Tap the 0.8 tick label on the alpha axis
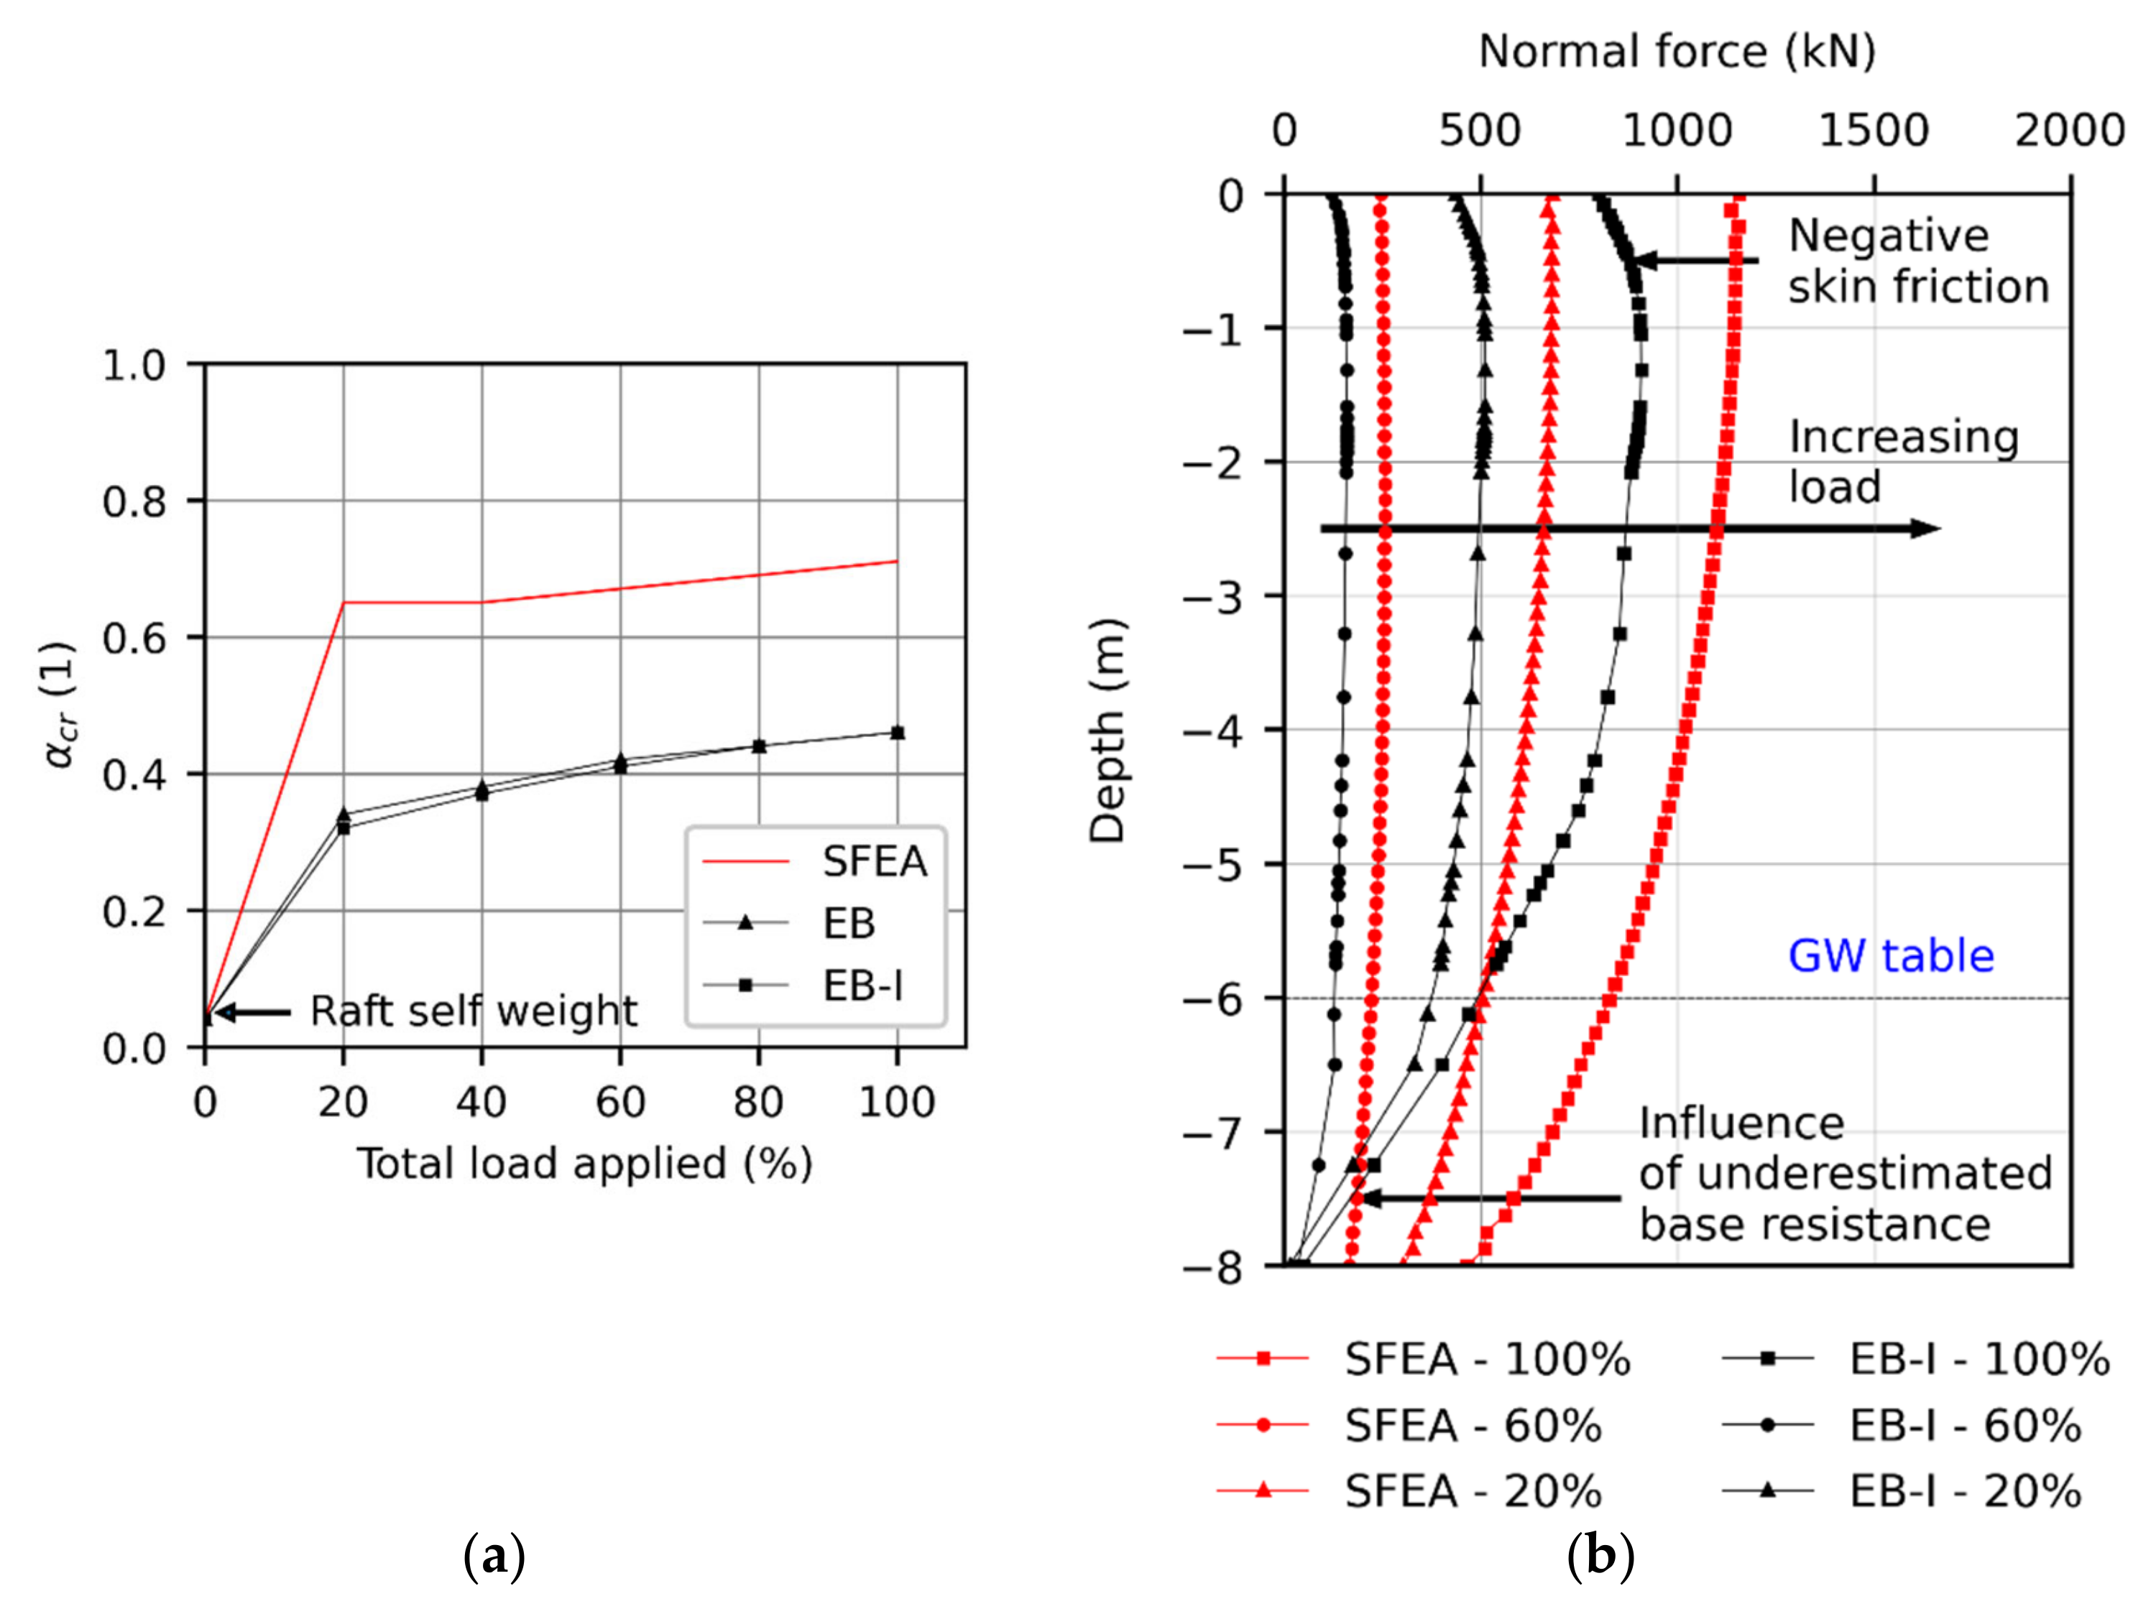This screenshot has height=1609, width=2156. coord(134,501)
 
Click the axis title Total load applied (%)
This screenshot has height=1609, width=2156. coord(584,1164)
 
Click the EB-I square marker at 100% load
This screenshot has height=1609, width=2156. coord(898,733)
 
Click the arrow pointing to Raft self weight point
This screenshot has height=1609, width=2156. coord(252,1013)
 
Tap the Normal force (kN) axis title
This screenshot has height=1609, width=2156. coord(1676,51)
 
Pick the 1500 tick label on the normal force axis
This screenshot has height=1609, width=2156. coord(1873,131)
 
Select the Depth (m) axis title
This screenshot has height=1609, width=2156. coord(1107,730)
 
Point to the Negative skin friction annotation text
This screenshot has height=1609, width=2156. coord(1917,261)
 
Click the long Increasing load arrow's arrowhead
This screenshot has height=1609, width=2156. coord(1924,529)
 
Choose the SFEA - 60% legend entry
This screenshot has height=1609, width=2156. coord(1471,1426)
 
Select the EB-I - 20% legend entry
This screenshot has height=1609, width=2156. coord(1963,1491)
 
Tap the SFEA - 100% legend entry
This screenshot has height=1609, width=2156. coord(1485,1360)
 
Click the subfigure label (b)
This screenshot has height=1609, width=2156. coord(1600,1557)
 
